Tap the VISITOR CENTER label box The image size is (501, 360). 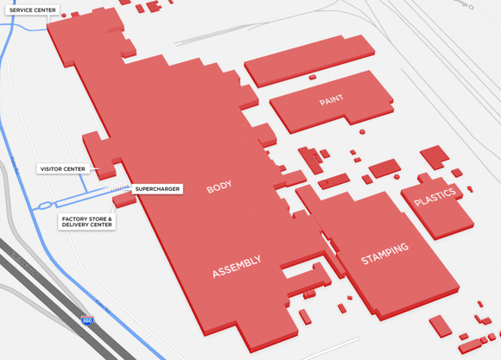(x=62, y=168)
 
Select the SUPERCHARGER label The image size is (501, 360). (x=157, y=188)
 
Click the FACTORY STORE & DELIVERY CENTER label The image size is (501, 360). (x=86, y=222)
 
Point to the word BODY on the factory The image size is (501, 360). (x=219, y=187)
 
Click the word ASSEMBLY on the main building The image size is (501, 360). (x=237, y=268)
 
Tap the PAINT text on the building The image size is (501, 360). (x=331, y=100)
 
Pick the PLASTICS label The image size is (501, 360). (x=434, y=199)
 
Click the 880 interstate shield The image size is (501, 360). (x=87, y=320)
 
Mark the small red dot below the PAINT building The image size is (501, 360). (x=362, y=132)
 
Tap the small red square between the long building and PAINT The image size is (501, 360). (x=312, y=77)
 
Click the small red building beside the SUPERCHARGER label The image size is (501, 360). (x=124, y=199)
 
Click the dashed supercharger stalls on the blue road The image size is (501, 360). (x=118, y=186)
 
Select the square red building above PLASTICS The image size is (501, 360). (x=434, y=157)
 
